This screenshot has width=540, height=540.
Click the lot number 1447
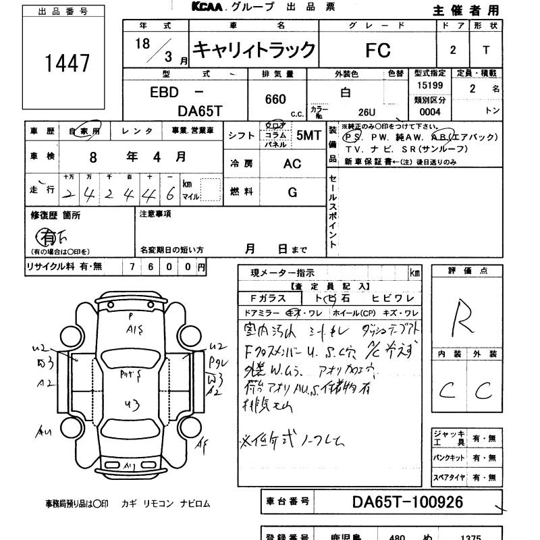(67, 63)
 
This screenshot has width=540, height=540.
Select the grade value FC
(378, 49)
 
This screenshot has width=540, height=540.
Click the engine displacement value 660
(275, 99)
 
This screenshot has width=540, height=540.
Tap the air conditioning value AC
(292, 164)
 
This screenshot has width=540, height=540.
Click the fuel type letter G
(292, 192)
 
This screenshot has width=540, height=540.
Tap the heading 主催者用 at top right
(466, 10)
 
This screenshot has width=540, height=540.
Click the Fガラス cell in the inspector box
(269, 298)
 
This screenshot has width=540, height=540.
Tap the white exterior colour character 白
(346, 93)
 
